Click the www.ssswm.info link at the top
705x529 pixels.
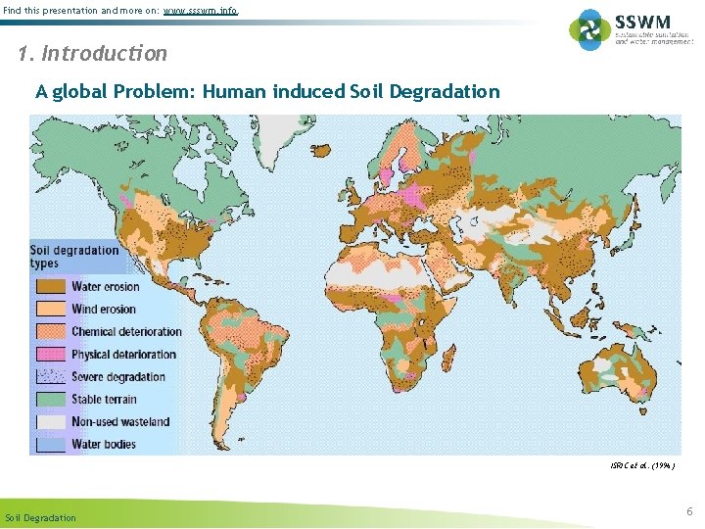[x=200, y=11]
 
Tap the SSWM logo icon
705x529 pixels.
[x=589, y=29]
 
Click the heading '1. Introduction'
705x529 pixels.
[x=93, y=53]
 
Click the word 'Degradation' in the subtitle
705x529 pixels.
[x=445, y=92]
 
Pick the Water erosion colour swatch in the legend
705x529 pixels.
[x=52, y=287]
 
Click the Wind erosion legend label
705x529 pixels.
[x=104, y=310]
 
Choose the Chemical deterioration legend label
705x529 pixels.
[x=127, y=332]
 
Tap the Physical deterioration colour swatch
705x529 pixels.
[x=52, y=355]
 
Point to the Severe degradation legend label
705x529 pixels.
[x=118, y=377]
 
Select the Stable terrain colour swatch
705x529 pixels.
[x=52, y=400]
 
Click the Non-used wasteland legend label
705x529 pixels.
[x=120, y=422]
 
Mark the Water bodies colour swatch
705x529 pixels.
[x=52, y=445]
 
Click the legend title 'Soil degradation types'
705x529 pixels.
[x=74, y=257]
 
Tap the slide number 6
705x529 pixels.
[x=689, y=511]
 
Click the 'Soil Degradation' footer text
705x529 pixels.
[x=40, y=517]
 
